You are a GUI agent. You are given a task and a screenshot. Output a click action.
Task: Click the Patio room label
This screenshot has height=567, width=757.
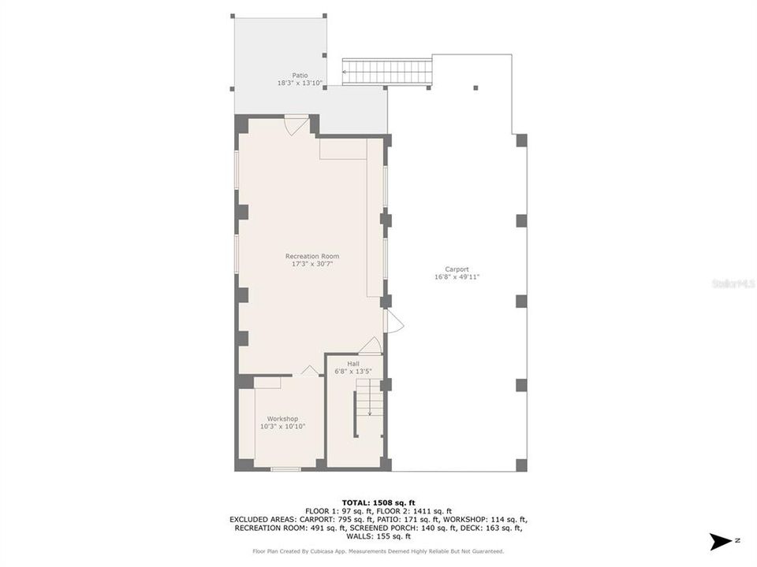(x=300, y=76)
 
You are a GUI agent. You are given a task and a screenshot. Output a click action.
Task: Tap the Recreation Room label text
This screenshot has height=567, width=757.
(x=312, y=256)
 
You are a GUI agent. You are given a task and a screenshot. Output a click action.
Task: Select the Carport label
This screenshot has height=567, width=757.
(x=457, y=269)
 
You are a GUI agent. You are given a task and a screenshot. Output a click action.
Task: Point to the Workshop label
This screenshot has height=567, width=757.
(x=282, y=419)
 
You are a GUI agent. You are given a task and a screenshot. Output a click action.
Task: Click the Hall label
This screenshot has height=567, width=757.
(x=353, y=364)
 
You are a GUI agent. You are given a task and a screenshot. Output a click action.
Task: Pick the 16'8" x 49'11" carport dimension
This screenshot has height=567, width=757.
(x=457, y=277)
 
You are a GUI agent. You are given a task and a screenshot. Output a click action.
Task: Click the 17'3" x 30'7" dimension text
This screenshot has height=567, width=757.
(x=312, y=264)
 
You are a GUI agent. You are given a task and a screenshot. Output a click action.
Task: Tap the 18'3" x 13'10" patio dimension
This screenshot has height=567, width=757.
(x=300, y=83)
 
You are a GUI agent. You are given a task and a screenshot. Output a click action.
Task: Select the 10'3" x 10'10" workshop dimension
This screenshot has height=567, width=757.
(x=282, y=426)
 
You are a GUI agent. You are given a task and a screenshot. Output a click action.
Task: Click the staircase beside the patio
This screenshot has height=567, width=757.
(x=388, y=72)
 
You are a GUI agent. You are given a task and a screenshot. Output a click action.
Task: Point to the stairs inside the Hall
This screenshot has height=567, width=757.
(x=369, y=398)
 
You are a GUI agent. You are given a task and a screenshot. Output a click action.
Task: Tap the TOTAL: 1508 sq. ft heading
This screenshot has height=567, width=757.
(x=378, y=502)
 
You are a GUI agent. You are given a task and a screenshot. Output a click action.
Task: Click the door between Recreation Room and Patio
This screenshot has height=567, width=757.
(x=296, y=124)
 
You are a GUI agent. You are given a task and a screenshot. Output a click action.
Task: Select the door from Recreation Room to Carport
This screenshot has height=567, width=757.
(x=393, y=321)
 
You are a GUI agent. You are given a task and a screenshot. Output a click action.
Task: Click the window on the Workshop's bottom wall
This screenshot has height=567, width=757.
(x=285, y=469)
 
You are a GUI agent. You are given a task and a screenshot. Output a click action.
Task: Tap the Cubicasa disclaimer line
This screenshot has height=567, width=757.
(x=378, y=551)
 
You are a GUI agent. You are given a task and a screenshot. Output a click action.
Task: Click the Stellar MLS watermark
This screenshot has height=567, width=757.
(x=733, y=283)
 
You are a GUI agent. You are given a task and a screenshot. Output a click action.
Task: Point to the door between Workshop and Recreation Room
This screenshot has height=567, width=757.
(x=310, y=371)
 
